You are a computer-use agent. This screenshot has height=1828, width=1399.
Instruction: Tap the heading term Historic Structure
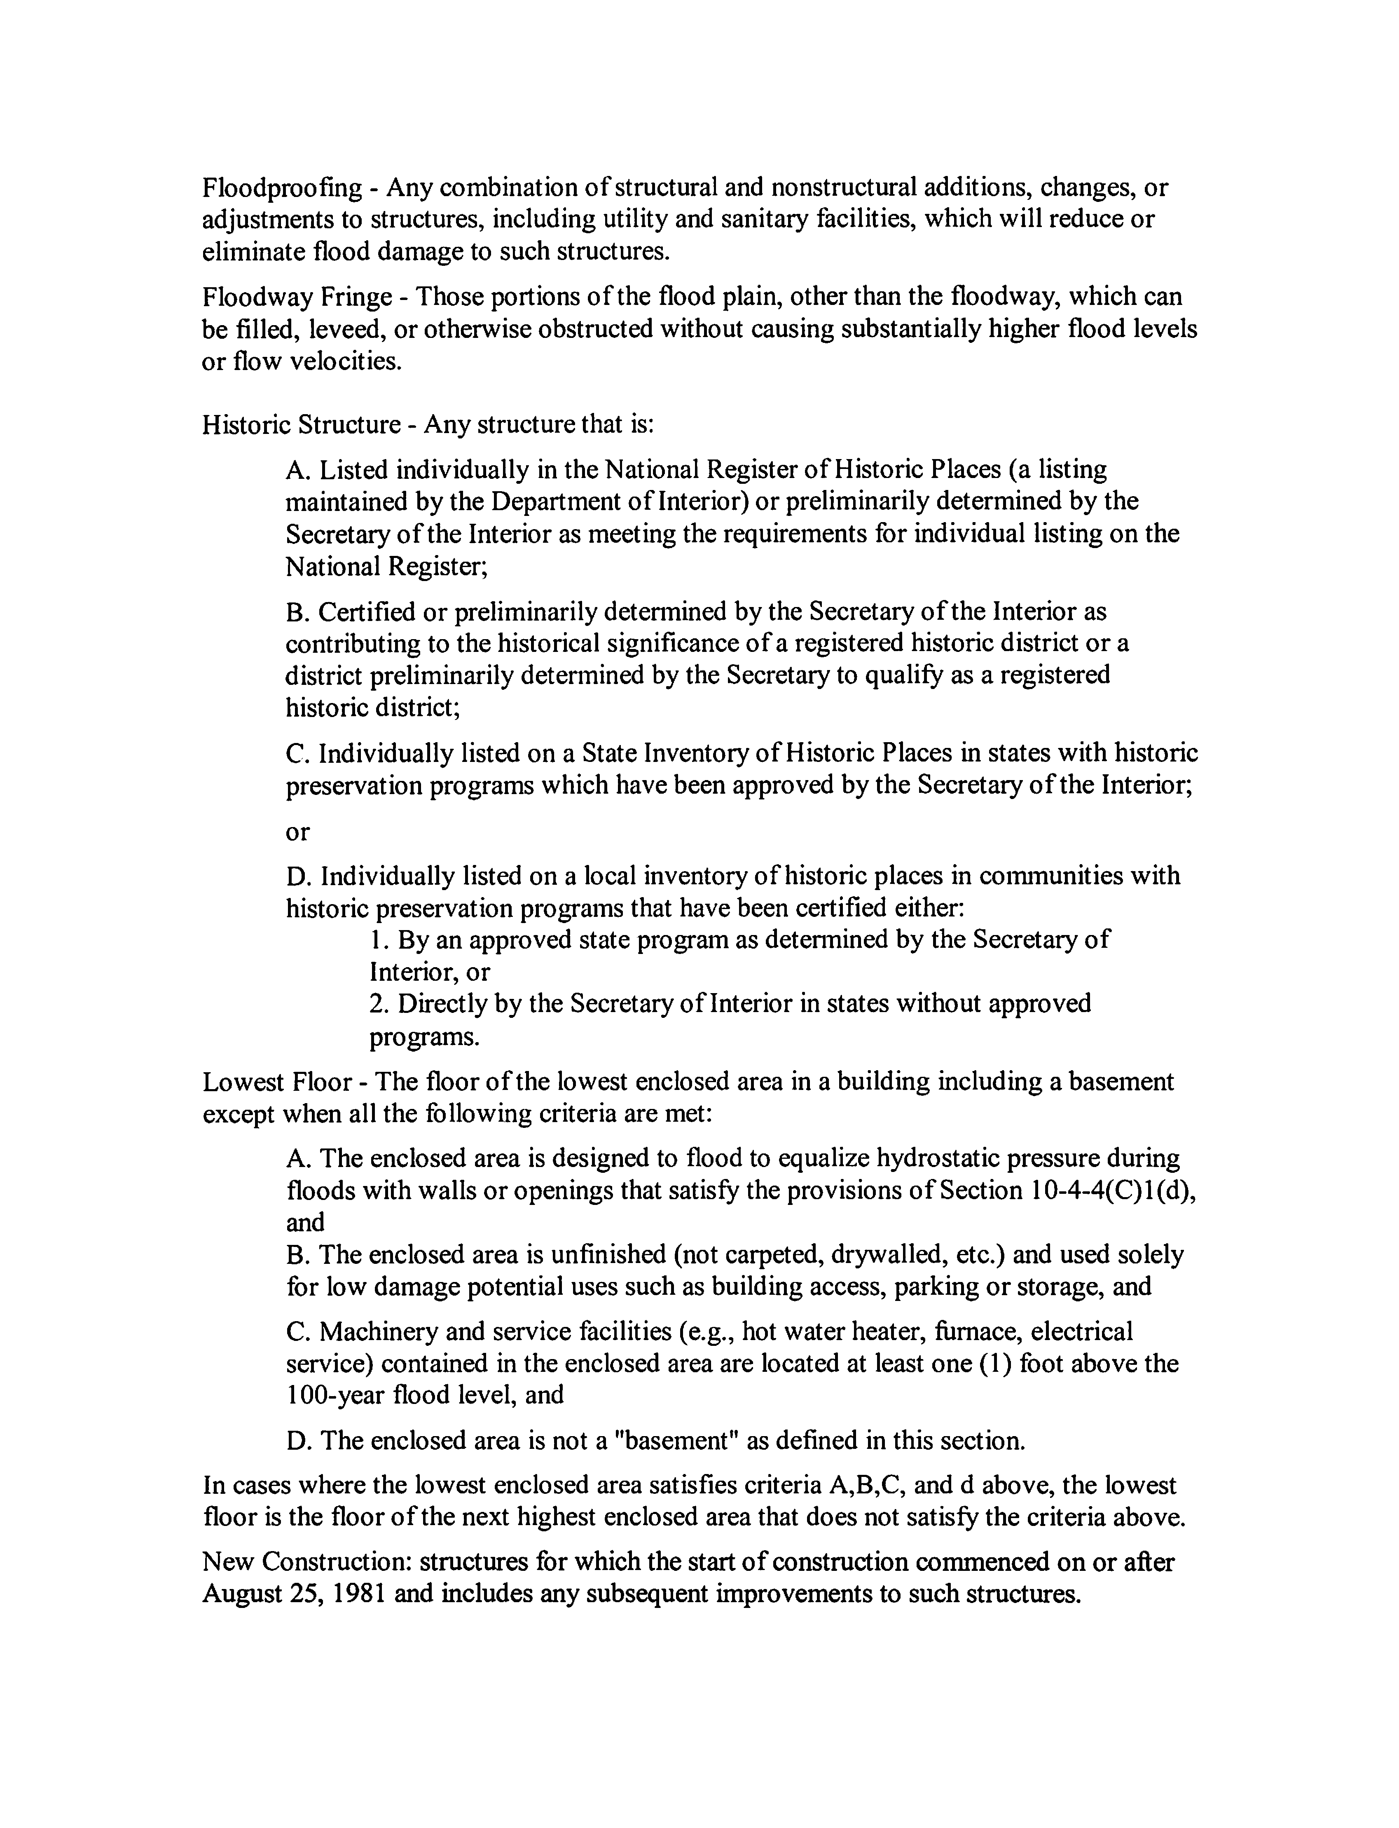pyautogui.click(x=302, y=426)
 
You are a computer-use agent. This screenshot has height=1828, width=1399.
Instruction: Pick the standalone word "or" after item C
pyautogui.click(x=297, y=832)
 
